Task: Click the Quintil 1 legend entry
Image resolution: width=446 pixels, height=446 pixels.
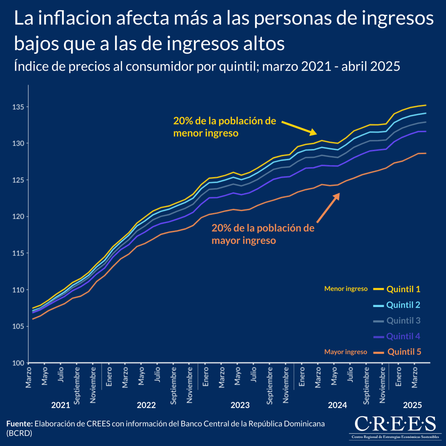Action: (x=403, y=289)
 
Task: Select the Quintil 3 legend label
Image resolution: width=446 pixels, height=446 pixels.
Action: (x=403, y=320)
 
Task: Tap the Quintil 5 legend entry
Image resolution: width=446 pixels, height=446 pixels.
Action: (x=404, y=352)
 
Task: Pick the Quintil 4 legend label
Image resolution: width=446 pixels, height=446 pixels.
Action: (x=403, y=336)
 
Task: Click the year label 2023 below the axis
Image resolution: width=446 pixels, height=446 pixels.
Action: (x=240, y=405)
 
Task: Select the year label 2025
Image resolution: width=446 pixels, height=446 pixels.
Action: (x=413, y=405)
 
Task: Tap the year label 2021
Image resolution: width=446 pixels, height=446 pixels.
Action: (x=61, y=405)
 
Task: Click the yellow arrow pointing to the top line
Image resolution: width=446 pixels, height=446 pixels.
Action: (x=299, y=127)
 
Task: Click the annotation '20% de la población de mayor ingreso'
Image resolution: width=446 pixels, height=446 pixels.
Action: (x=263, y=234)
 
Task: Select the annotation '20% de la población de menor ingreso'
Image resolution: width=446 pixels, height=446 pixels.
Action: (x=224, y=127)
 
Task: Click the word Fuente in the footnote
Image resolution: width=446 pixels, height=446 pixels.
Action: (x=19, y=424)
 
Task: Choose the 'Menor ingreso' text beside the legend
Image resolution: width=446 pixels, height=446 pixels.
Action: (x=346, y=289)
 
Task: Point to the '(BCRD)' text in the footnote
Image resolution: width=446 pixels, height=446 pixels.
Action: (x=19, y=433)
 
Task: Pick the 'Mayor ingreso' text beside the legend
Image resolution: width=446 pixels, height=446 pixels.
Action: (x=346, y=352)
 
